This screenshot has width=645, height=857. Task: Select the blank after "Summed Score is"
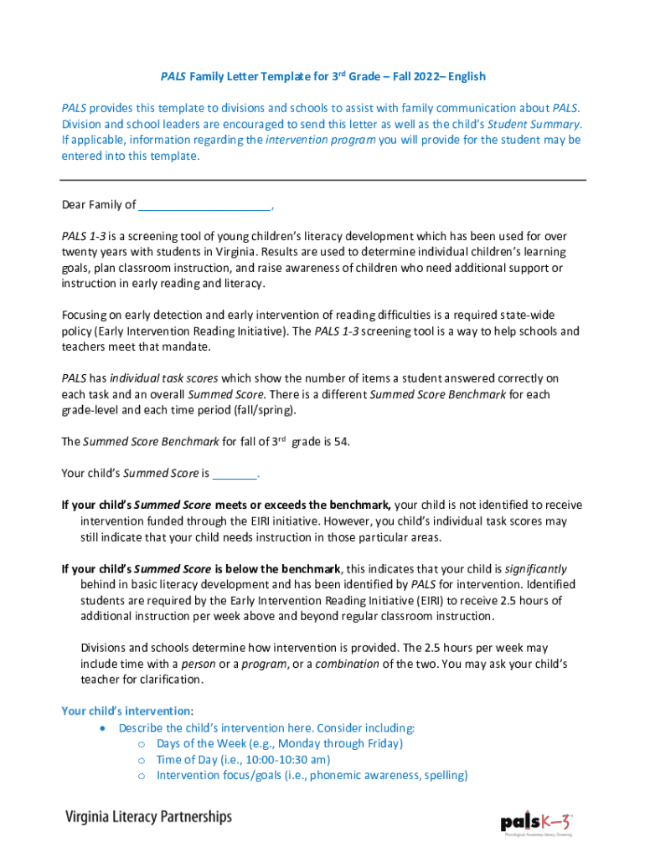[x=235, y=474]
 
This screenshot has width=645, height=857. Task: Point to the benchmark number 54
[x=341, y=442]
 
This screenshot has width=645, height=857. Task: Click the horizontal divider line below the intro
[x=322, y=180]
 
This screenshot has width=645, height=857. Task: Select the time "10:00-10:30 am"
[x=286, y=759]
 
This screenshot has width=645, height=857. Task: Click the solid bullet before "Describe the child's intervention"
[x=102, y=728]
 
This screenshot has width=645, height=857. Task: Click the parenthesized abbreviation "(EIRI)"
[x=418, y=601]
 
